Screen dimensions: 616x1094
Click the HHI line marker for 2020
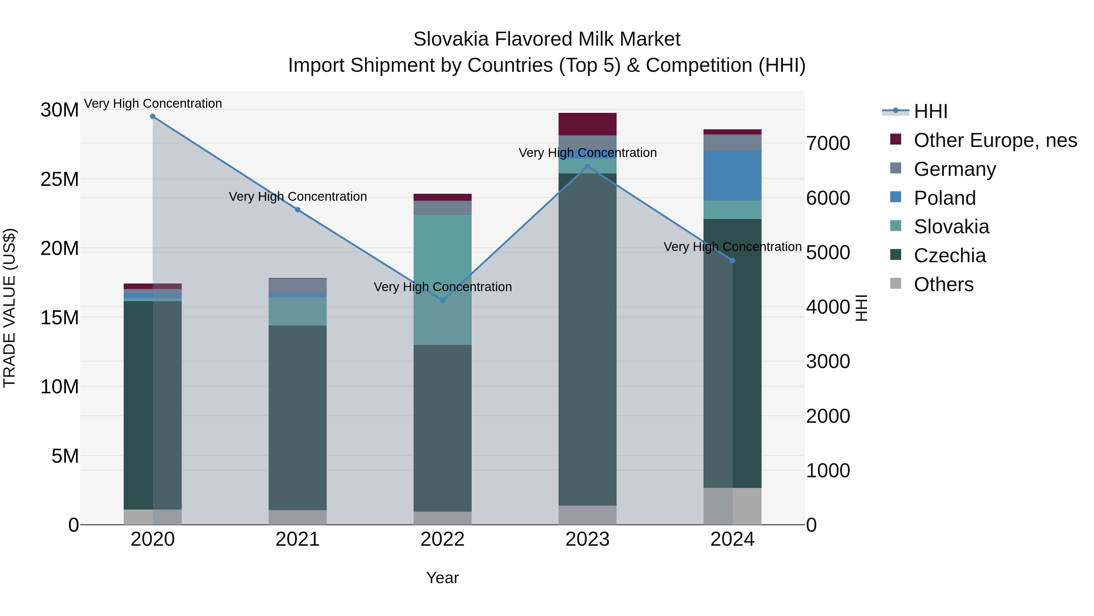pos(153,117)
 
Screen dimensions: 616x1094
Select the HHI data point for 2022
pos(442,300)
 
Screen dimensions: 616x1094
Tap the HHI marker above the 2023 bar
pos(587,167)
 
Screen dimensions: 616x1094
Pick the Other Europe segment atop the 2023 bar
pos(587,124)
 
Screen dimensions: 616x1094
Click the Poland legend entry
pos(944,198)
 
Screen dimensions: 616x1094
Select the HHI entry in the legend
pos(930,111)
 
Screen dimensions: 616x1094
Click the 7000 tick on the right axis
pos(828,143)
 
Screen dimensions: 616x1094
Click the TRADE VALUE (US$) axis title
pos(9,308)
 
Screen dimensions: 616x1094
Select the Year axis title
pos(442,578)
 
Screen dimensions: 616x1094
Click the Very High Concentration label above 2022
pos(442,287)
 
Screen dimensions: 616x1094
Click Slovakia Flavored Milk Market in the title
pos(547,39)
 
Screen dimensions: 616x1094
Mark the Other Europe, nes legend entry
pos(995,140)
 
